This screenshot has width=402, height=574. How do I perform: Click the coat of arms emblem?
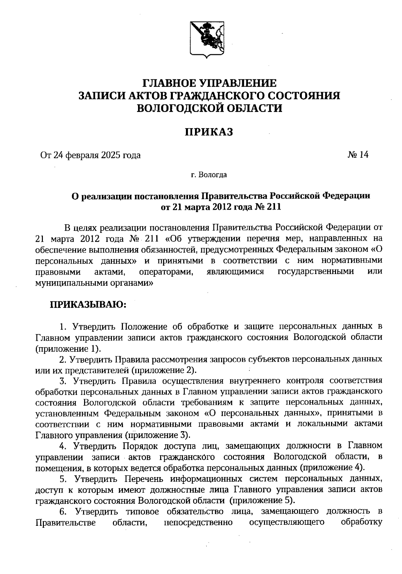click(x=207, y=38)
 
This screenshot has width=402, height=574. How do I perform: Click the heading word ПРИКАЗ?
click(x=209, y=132)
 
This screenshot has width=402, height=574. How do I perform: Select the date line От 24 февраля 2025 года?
click(x=90, y=155)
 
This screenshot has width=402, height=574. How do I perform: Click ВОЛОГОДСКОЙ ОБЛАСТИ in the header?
click(x=209, y=108)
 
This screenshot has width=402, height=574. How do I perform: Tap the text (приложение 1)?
click(x=68, y=348)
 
